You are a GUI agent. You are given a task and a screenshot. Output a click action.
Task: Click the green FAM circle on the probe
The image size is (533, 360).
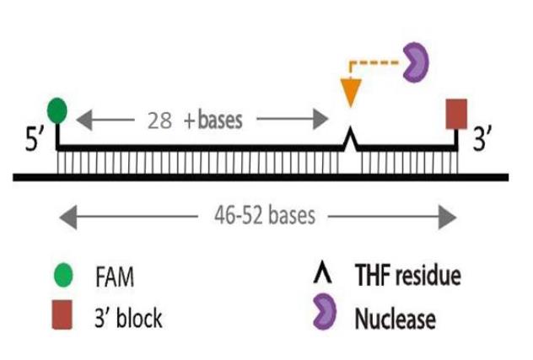[57, 109]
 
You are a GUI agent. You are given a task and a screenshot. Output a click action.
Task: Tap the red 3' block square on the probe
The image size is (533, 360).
[456, 113]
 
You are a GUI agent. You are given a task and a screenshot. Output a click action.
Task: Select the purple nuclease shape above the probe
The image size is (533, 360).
[415, 64]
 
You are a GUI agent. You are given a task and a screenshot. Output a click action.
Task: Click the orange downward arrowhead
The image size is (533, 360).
[349, 90]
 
